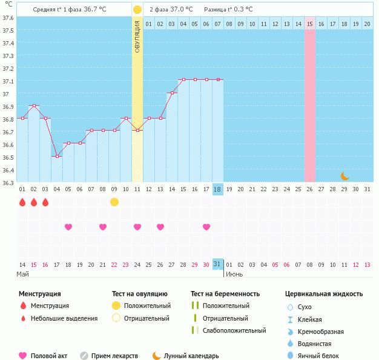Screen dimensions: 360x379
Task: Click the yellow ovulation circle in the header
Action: (x=137, y=10)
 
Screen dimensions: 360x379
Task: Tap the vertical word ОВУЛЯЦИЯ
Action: (x=137, y=36)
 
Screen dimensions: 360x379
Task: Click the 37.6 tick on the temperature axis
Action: (x=8, y=18)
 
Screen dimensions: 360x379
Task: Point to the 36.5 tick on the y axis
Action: (x=8, y=157)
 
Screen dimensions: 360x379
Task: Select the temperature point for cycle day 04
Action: (x=57, y=156)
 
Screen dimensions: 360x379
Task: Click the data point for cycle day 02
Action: (x=34, y=106)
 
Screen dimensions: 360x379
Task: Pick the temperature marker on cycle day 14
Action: (x=172, y=93)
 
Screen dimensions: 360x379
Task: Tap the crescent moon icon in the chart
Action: (x=344, y=176)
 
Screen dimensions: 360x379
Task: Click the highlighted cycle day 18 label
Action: (x=218, y=189)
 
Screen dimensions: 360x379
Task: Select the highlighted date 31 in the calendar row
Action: (x=218, y=264)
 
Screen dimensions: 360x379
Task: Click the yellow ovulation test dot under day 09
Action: (x=114, y=201)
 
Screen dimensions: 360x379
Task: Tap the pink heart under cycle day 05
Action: (x=68, y=227)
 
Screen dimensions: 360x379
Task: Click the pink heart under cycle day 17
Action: (x=206, y=227)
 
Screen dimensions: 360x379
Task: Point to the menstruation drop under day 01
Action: (x=22, y=201)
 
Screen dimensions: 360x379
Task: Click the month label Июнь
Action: (x=234, y=273)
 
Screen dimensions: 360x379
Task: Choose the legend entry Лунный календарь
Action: (x=191, y=356)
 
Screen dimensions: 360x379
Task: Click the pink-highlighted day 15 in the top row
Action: (x=309, y=24)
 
